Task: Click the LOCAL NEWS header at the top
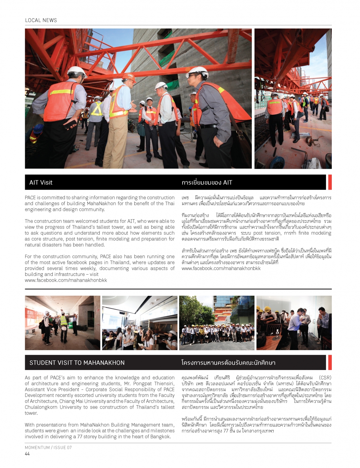(x=41, y=20)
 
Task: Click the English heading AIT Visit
(x=41, y=183)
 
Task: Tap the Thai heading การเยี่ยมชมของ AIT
(x=207, y=183)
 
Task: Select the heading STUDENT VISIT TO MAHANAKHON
(x=77, y=363)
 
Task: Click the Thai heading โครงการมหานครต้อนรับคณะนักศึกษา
(x=228, y=363)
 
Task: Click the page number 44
(x=27, y=454)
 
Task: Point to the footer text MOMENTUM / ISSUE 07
(x=48, y=448)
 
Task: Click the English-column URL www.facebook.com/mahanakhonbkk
(x=66, y=280)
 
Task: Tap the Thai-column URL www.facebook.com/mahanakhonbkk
(x=221, y=269)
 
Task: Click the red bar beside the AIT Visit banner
(x=330, y=182)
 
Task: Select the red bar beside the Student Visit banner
(x=330, y=363)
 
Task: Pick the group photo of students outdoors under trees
(x=217, y=323)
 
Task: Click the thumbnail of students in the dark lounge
(x=140, y=323)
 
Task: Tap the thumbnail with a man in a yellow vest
(x=62, y=323)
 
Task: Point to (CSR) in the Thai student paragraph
(x=325, y=378)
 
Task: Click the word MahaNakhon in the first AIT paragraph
(x=101, y=203)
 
